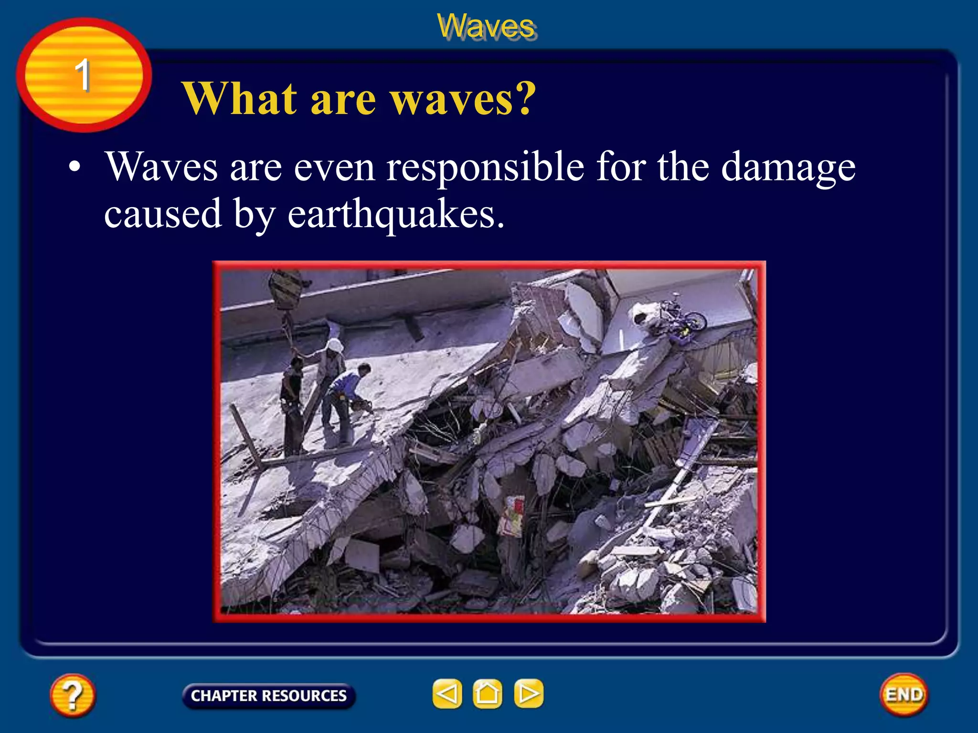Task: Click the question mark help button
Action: pyautogui.click(x=73, y=695)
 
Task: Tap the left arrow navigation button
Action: pyautogui.click(x=447, y=693)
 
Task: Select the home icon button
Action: pyautogui.click(x=487, y=693)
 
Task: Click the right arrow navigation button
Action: pyautogui.click(x=528, y=693)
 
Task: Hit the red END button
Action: pyautogui.click(x=904, y=694)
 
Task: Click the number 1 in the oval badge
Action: pyautogui.click(x=83, y=75)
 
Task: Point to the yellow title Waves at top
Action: pyautogui.click(x=486, y=26)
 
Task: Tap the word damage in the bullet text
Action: pyautogui.click(x=788, y=168)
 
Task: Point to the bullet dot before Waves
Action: pyautogui.click(x=74, y=168)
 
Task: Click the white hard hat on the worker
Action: pyautogui.click(x=335, y=345)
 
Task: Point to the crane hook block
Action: pyautogui.click(x=285, y=290)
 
